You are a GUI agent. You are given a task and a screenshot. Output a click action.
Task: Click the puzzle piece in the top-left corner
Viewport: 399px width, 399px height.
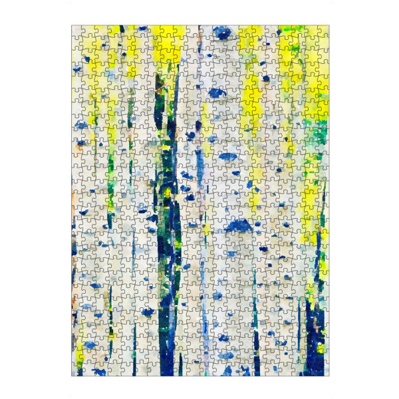click(x=78, y=32)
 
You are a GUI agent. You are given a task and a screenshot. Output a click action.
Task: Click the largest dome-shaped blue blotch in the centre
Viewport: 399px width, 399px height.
click(x=236, y=226)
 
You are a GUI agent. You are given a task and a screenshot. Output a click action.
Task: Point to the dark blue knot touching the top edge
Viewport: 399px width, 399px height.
click(x=223, y=31)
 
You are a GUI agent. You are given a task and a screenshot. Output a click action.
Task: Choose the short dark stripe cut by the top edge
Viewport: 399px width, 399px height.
click(x=122, y=30)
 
